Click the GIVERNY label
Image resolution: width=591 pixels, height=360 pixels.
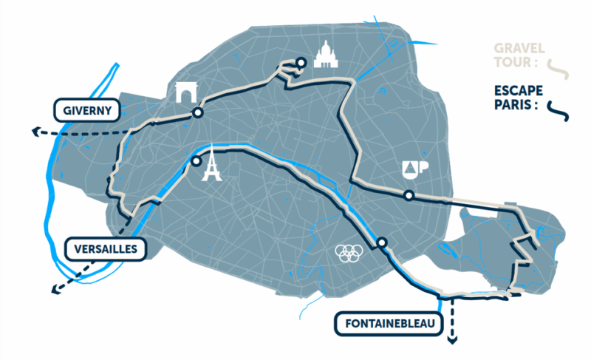(87, 112)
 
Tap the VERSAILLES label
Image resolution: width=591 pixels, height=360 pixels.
(104, 249)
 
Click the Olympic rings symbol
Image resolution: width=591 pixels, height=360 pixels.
(347, 254)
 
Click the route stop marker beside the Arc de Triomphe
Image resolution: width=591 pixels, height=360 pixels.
(197, 113)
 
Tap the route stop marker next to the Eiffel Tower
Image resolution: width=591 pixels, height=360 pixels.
(196, 160)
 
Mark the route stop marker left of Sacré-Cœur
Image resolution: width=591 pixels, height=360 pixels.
(301, 62)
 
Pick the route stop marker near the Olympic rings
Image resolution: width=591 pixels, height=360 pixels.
(381, 242)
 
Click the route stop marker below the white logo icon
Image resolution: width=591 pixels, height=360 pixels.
(409, 195)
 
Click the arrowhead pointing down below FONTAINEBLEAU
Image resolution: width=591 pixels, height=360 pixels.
(453, 341)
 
